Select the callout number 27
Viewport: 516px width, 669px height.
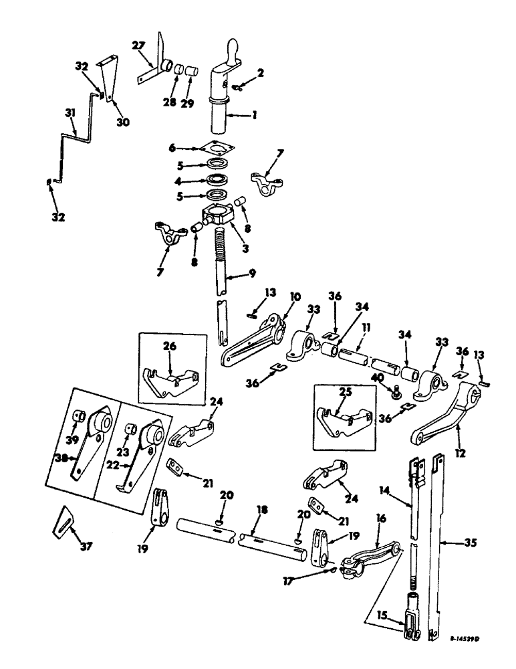[138, 45]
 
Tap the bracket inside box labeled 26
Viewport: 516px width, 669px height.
[172, 381]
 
